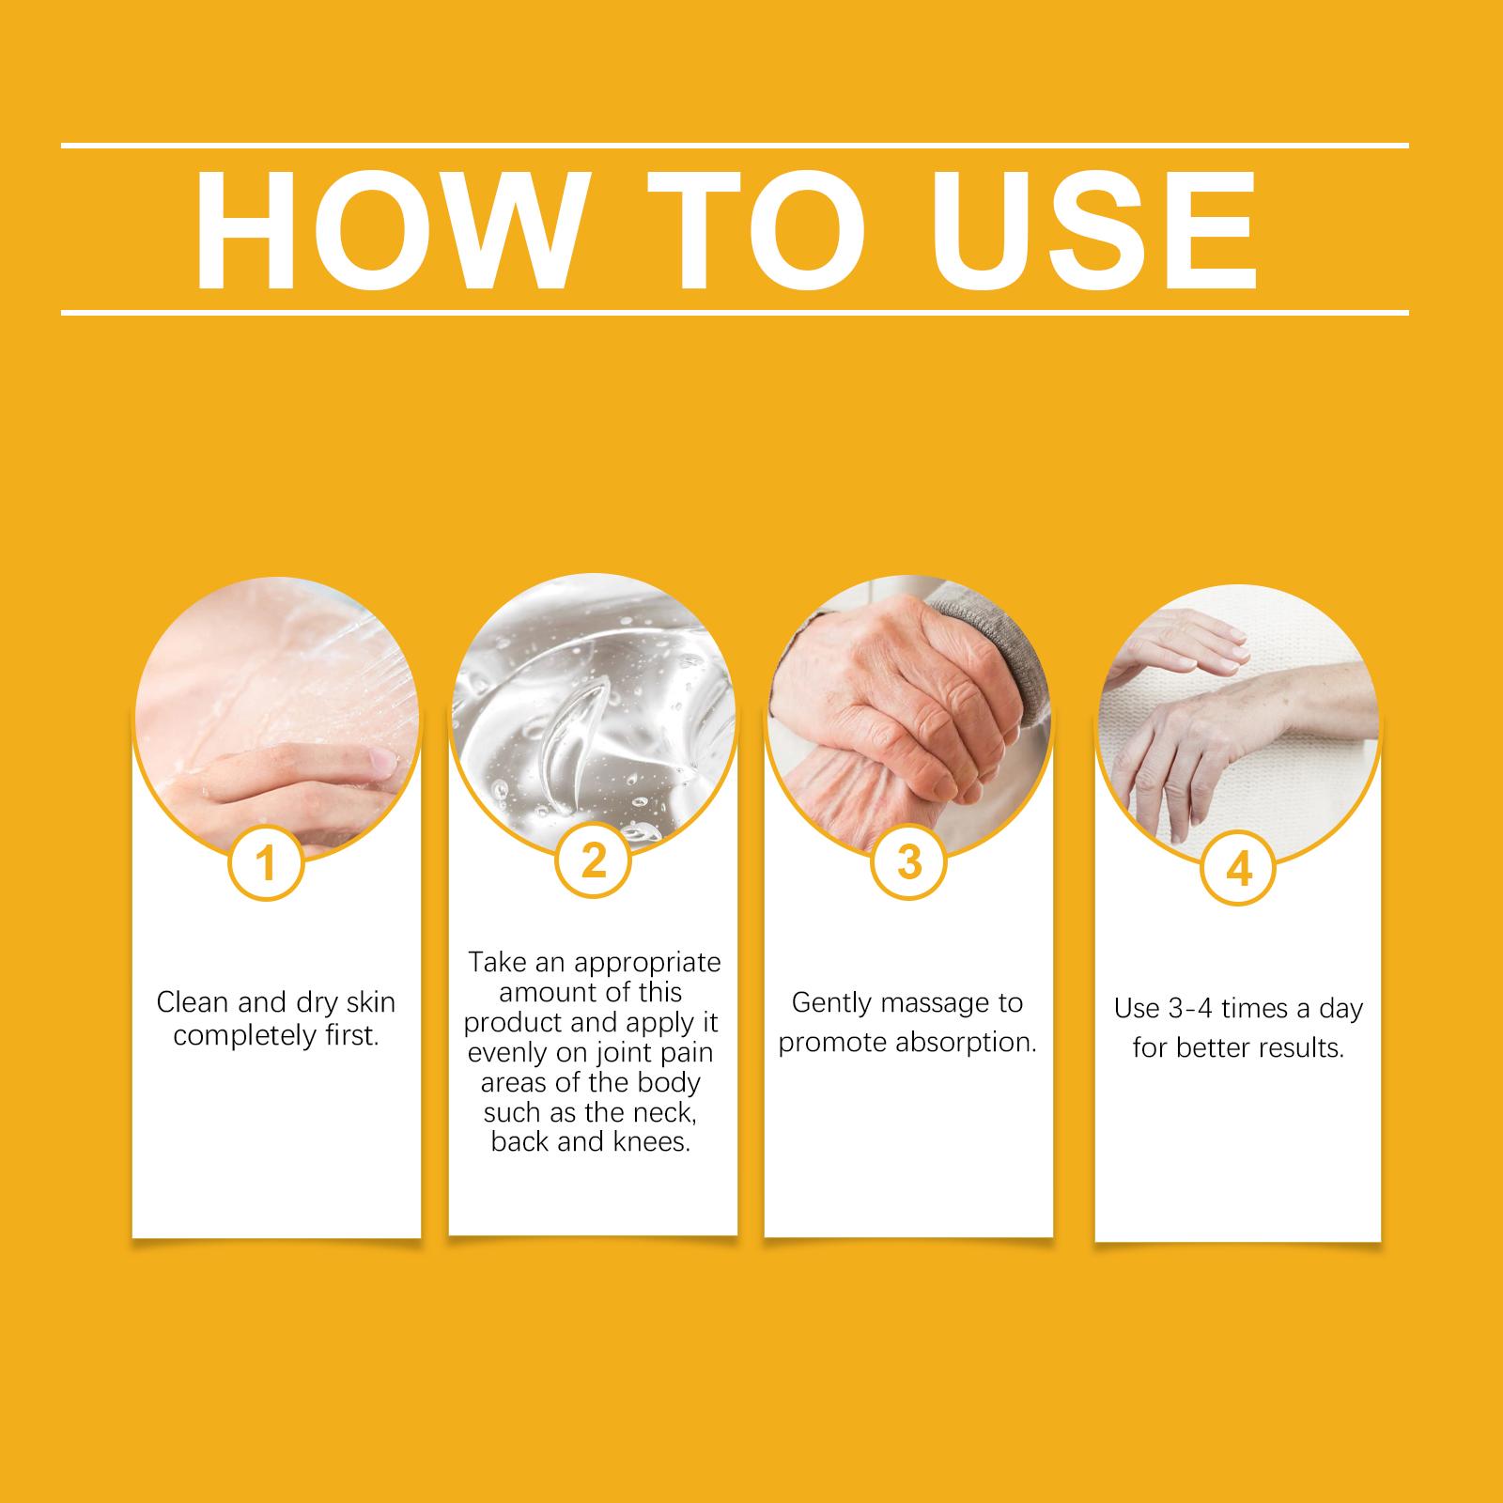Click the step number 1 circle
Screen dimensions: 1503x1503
(266, 863)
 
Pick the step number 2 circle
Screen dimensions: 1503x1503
(594, 861)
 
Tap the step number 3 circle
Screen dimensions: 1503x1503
(908, 861)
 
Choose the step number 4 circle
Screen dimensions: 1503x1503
(1239, 871)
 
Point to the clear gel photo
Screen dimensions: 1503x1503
(593, 714)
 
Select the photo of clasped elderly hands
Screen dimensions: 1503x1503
(908, 716)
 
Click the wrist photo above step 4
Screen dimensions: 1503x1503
(1238, 725)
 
